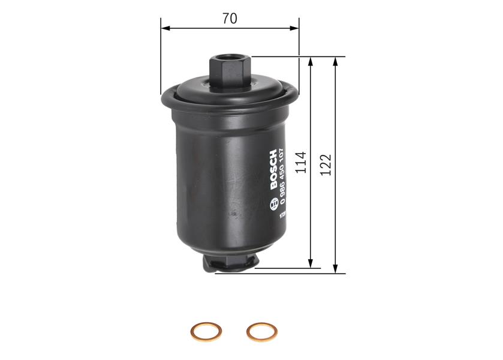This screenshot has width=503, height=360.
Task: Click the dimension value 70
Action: coord(229,19)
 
